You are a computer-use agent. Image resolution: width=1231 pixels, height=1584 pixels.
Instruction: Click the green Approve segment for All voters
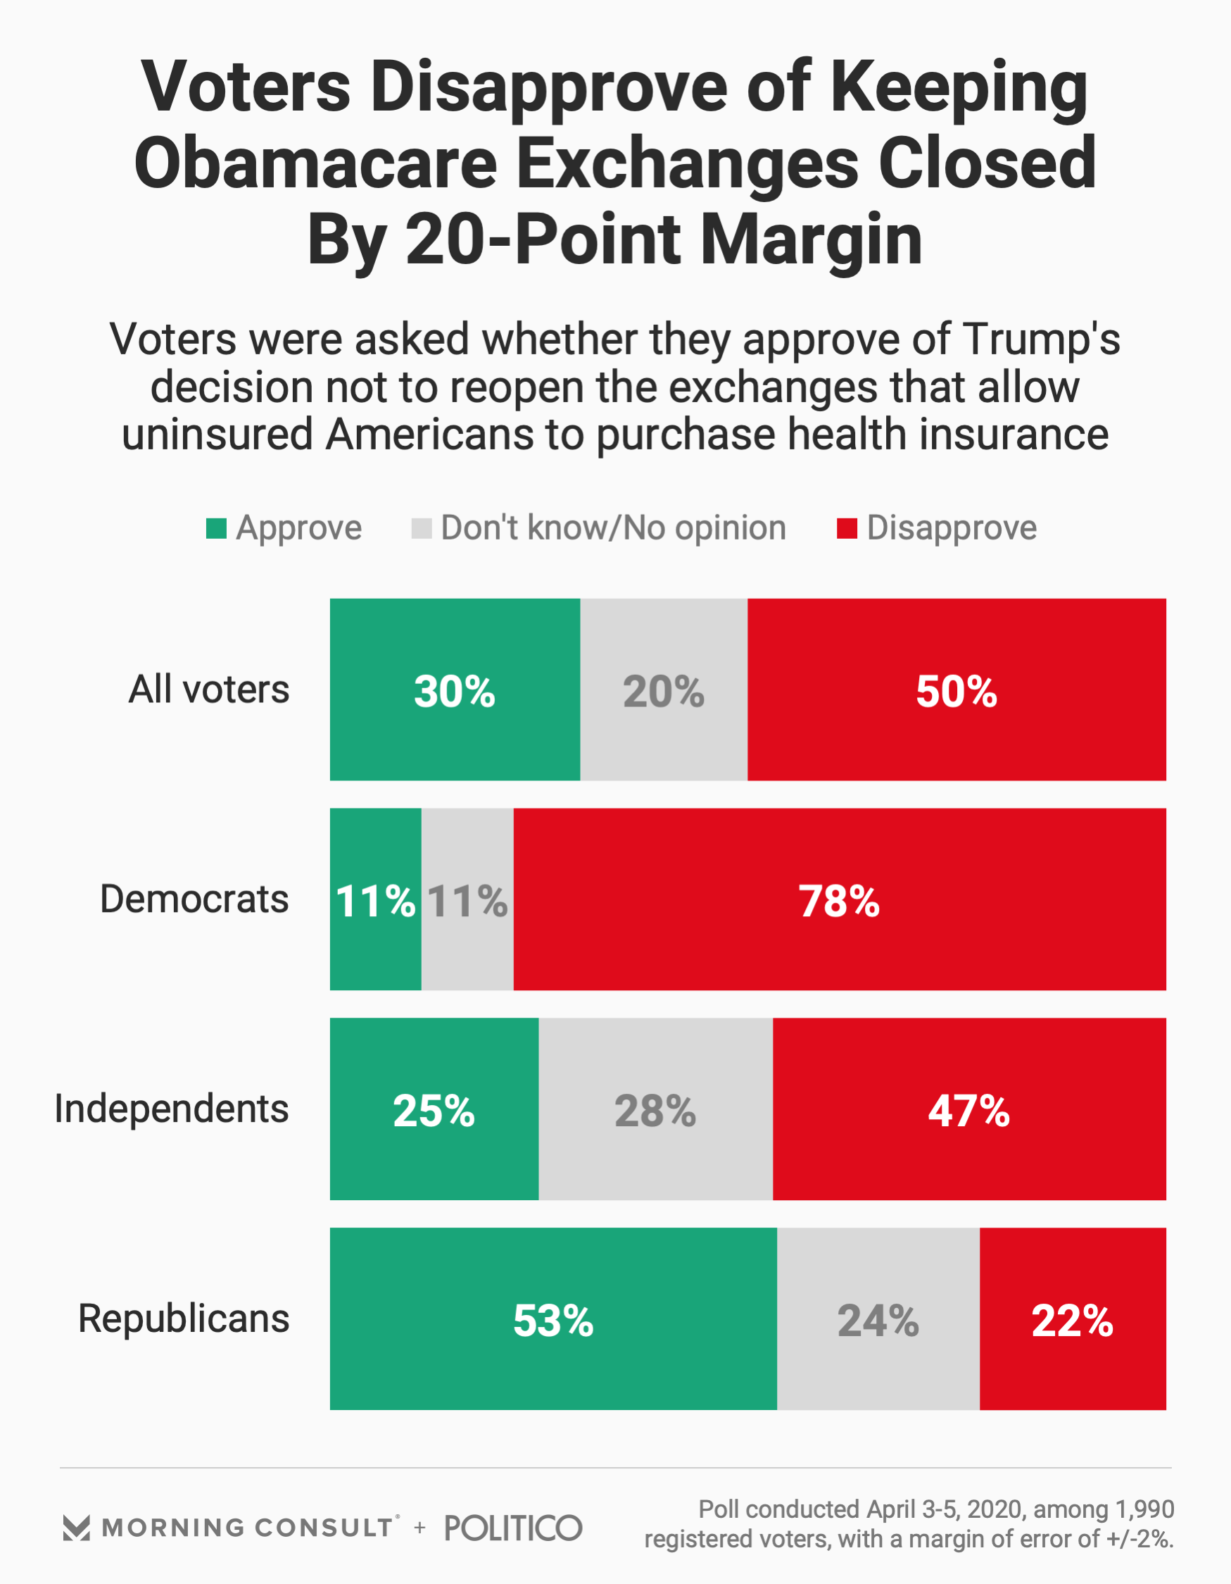(455, 689)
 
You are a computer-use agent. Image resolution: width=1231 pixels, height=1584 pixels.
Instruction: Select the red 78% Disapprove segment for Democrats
(840, 899)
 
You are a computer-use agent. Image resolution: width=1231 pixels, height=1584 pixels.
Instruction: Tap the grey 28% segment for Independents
(655, 1109)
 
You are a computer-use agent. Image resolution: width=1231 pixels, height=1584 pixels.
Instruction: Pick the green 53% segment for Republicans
(553, 1318)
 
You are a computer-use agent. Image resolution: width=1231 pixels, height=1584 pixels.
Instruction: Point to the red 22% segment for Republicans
(1072, 1318)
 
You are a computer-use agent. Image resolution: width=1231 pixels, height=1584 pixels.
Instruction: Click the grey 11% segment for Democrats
(467, 899)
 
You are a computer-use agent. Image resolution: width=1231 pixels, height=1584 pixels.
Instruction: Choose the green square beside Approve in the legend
(216, 528)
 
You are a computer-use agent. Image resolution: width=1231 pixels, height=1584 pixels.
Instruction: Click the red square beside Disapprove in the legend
(847, 528)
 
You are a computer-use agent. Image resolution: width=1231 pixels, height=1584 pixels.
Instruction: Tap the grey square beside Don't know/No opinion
(421, 528)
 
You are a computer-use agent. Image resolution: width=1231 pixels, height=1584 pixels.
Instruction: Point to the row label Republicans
(184, 1318)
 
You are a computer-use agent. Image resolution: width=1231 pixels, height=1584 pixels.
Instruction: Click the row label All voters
(209, 689)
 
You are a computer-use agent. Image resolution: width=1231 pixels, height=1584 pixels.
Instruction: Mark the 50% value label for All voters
(957, 691)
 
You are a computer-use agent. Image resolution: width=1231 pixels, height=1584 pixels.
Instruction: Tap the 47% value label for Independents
(968, 1111)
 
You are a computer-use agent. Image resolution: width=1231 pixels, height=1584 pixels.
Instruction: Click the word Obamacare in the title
(315, 163)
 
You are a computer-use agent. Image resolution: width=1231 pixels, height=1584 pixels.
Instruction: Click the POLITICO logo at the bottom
(513, 1527)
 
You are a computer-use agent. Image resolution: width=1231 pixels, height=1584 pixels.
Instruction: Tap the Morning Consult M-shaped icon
(76, 1528)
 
